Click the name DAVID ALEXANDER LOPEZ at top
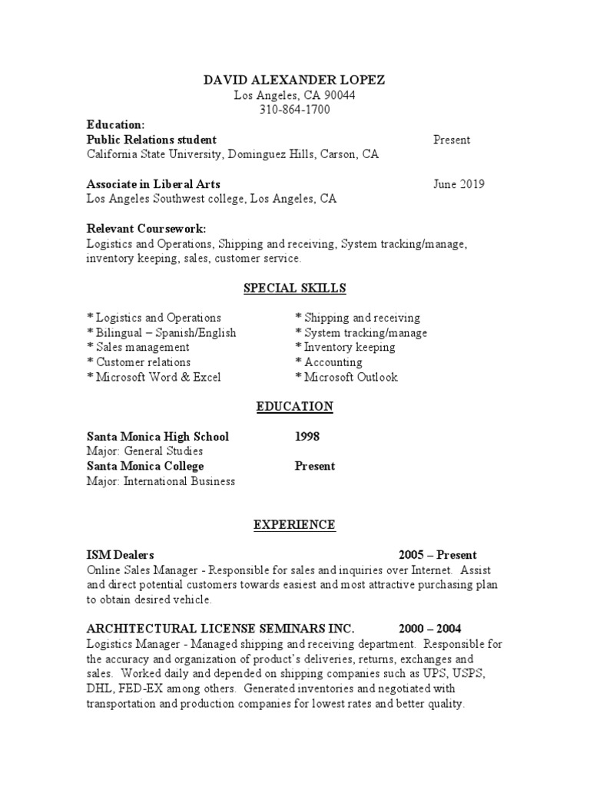pyautogui.click(x=295, y=80)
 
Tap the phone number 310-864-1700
pyautogui.click(x=295, y=110)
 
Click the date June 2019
pyautogui.click(x=459, y=184)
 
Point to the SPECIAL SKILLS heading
pyautogui.click(x=295, y=289)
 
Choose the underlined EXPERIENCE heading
pyautogui.click(x=295, y=525)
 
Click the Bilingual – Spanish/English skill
pyautogui.click(x=162, y=332)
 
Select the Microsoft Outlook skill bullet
pyautogui.click(x=346, y=377)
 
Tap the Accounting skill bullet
pyautogui.click(x=329, y=362)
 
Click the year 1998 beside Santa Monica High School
pyautogui.click(x=307, y=437)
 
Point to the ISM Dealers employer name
pyautogui.click(x=121, y=555)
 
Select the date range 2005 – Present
pyautogui.click(x=437, y=555)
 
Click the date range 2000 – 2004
pyautogui.click(x=430, y=629)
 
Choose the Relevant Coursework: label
pyautogui.click(x=146, y=230)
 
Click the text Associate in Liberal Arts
pyautogui.click(x=154, y=184)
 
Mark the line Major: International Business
pyautogui.click(x=161, y=481)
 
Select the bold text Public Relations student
pyautogui.click(x=151, y=140)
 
